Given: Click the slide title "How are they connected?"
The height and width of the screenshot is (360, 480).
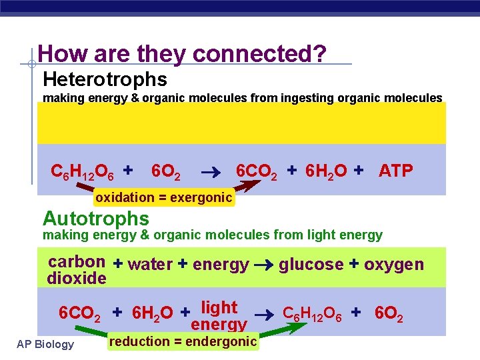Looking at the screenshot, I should (182, 54).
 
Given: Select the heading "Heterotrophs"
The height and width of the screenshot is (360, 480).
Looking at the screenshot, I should (105, 79).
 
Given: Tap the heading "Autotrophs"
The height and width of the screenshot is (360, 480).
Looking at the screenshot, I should (95, 218).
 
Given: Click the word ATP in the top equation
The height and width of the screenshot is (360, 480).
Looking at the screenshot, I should (396, 171).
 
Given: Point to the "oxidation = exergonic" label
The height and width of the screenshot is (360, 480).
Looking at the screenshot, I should (163, 197).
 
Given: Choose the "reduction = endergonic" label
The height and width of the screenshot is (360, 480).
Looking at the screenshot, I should (183, 341).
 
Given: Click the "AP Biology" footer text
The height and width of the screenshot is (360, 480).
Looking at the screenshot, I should (46, 344).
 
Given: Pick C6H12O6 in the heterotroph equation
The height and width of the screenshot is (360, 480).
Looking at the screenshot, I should (82, 172).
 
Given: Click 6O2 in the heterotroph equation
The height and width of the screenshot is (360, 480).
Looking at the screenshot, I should (166, 172).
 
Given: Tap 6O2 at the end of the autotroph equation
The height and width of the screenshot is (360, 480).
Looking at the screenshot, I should (389, 312).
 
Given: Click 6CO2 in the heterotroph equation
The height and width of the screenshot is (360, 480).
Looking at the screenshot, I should (257, 172).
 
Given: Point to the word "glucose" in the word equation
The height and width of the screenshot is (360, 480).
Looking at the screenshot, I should (311, 265).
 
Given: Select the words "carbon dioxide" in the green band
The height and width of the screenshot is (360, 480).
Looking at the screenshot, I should (77, 270).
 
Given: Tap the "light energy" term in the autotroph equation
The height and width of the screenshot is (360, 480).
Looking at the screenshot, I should (219, 316).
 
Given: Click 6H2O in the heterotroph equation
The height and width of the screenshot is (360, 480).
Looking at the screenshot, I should (327, 172).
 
